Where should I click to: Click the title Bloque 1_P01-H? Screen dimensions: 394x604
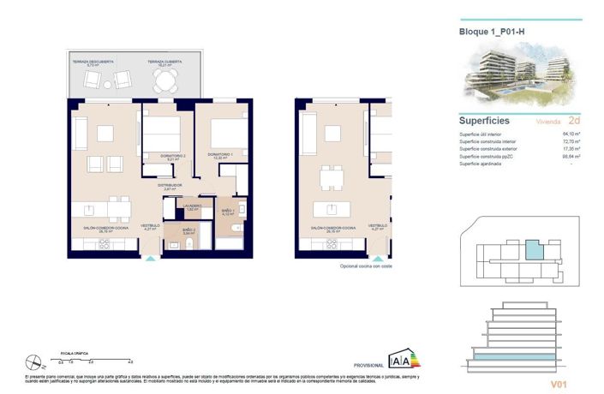(x=491, y=32)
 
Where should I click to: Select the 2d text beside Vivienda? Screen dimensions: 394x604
(x=573, y=121)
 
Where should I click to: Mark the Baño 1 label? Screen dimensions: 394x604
(x=228, y=211)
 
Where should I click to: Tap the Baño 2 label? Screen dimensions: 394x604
(x=191, y=230)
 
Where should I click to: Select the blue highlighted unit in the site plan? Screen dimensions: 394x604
(x=535, y=250)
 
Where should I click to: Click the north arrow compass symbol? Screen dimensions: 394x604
(x=33, y=361)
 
